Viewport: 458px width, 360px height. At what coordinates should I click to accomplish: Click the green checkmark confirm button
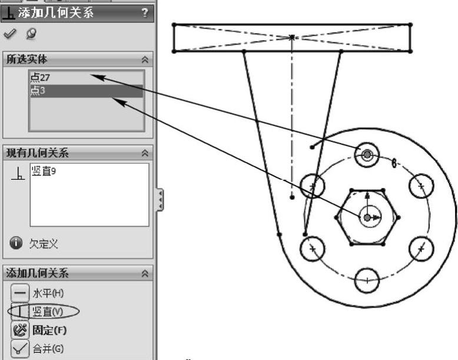tap(9, 34)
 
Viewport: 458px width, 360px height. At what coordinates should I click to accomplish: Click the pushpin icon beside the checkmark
tap(31, 34)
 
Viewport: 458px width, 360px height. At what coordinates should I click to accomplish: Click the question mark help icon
tap(145, 12)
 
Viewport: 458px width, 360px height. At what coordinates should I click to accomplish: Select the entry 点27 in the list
tap(40, 78)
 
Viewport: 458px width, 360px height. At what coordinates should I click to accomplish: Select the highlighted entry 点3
tap(38, 91)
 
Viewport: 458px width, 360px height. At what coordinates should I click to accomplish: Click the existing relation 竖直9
tap(44, 171)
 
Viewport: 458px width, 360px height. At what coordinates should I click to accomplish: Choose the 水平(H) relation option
tap(48, 293)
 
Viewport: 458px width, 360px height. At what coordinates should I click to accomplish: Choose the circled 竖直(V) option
tap(48, 312)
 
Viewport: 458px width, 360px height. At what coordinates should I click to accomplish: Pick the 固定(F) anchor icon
tap(20, 331)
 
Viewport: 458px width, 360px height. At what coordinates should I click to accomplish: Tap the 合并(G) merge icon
tap(20, 349)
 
